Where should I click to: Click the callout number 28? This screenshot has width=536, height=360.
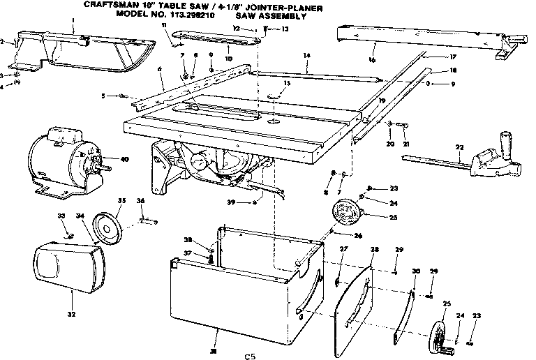pos(374,250)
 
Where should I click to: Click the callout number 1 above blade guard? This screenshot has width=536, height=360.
pos(73,24)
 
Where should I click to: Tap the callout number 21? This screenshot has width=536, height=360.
pos(406,144)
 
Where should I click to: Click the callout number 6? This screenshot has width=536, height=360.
pos(160,68)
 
